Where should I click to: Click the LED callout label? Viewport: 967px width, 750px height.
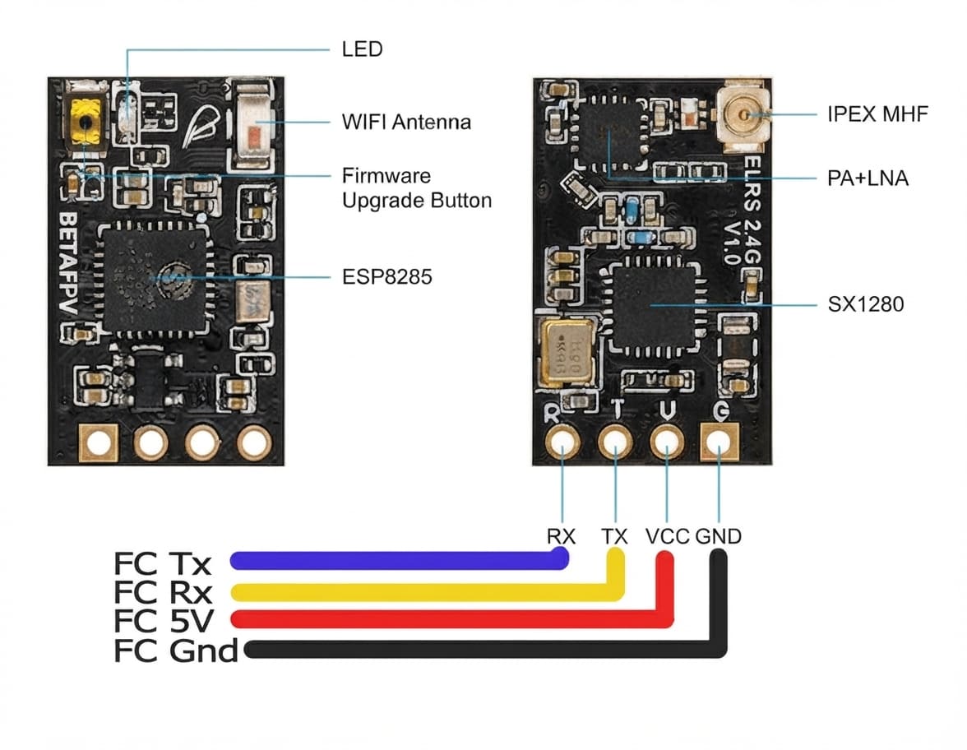tap(362, 49)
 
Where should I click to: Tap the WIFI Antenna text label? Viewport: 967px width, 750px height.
tap(406, 122)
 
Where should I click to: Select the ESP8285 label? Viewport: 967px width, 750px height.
tap(386, 277)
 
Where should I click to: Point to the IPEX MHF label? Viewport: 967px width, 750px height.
tap(877, 114)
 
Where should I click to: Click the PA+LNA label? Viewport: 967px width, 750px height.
tap(868, 179)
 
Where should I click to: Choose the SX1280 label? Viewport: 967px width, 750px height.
tap(865, 304)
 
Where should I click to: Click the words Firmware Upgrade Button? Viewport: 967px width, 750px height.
tap(417, 188)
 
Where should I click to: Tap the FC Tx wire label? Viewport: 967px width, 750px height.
tap(163, 564)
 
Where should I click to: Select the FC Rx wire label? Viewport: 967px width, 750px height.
tap(163, 593)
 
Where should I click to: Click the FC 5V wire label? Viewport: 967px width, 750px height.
tap(164, 621)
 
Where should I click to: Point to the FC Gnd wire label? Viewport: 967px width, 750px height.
tap(176, 650)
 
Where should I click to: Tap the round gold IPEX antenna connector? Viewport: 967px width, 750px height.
tap(744, 115)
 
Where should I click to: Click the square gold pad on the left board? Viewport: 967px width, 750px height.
tap(99, 442)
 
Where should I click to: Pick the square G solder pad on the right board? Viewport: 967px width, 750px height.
tap(719, 442)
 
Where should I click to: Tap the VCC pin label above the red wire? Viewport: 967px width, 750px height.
tap(668, 536)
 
